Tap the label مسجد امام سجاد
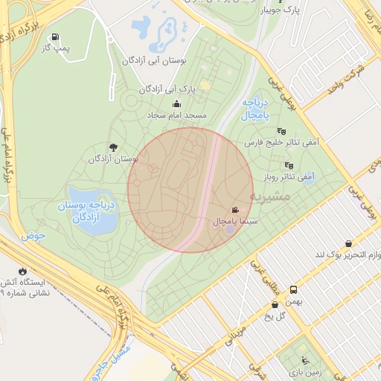pos(176,116)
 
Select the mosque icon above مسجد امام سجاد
pos(176,104)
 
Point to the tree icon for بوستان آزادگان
pos(113,147)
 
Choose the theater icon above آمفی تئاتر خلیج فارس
pos(281,132)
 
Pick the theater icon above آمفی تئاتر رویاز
pos(289,165)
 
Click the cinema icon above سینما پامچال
pos(235,210)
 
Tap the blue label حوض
pos(33,235)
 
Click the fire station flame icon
pos(22,271)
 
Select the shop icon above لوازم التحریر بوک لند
pos(349,243)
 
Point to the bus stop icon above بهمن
pos(294,289)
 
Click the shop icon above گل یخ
pos(275,304)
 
